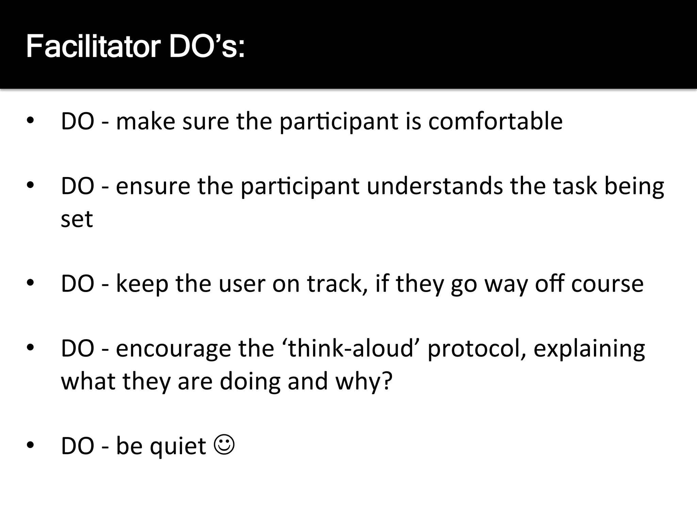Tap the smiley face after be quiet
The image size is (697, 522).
pos(224,445)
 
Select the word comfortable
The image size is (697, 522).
pos(495,121)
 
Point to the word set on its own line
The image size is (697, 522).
pos(77,219)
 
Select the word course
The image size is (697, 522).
pos(607,283)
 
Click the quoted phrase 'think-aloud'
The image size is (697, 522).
pos(351,348)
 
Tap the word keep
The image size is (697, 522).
pos(142,284)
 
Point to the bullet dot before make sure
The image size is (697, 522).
pos(30,121)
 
